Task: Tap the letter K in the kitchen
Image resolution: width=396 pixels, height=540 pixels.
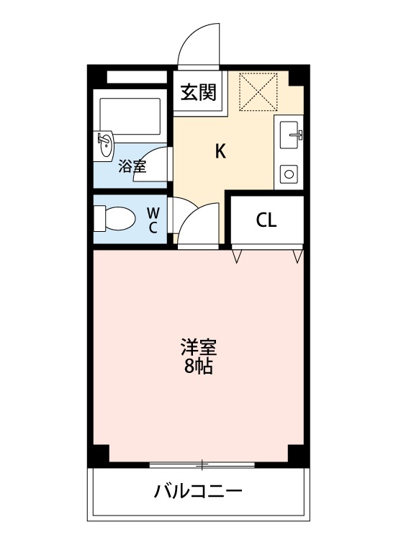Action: coord(221,151)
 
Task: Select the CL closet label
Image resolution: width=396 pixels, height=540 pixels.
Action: coord(266,221)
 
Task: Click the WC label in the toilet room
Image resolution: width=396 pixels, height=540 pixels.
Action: coord(153,220)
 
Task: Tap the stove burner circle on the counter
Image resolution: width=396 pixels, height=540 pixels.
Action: coord(290,174)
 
